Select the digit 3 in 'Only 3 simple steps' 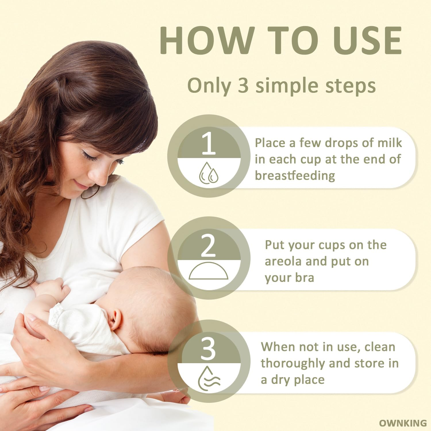click(x=243, y=85)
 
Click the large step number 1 click(x=209, y=144)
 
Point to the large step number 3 click(x=208, y=349)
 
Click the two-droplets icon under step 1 click(x=209, y=173)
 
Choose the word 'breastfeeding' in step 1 click(x=295, y=176)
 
